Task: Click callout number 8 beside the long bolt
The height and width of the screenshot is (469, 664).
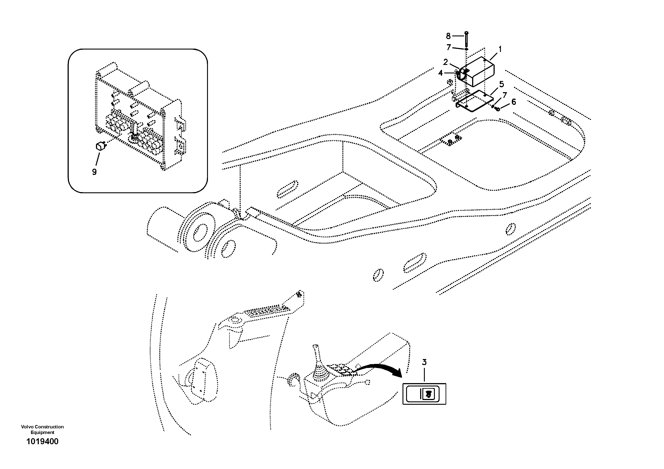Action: pyautogui.click(x=448, y=36)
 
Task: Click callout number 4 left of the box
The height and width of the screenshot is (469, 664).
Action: pyautogui.click(x=440, y=73)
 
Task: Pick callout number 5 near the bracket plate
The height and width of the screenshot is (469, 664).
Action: pyautogui.click(x=501, y=84)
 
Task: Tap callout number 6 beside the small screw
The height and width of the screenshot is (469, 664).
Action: pyautogui.click(x=513, y=102)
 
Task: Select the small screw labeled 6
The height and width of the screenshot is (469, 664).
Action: pyautogui.click(x=497, y=109)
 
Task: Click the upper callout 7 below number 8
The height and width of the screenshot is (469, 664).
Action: pyautogui.click(x=448, y=47)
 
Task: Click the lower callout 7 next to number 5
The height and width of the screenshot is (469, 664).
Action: pyautogui.click(x=505, y=95)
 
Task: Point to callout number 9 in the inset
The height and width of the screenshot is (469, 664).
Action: pyautogui.click(x=94, y=172)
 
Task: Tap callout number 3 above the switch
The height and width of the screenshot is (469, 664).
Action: pyautogui.click(x=424, y=362)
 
